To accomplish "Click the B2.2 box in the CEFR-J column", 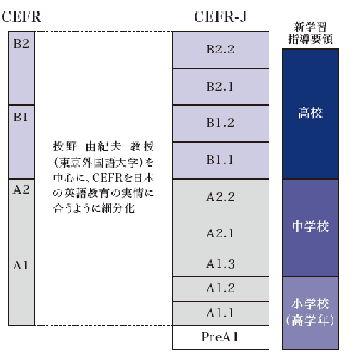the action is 221,50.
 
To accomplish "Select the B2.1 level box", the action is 221,87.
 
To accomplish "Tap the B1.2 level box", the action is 221,123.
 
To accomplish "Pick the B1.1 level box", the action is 221,160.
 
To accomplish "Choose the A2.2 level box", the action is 221,197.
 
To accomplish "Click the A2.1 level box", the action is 221,234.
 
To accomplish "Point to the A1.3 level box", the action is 221,264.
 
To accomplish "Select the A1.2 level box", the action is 221,289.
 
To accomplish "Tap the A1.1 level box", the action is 221,313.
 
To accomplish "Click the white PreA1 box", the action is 221,337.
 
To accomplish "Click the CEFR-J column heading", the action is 220,17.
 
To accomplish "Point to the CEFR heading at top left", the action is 21,16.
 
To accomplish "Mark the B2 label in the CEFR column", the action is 21,43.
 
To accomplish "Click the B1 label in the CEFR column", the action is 21,117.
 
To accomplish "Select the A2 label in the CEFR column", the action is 21,190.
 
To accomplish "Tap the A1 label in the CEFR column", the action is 21,265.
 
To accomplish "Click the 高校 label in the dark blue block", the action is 311,113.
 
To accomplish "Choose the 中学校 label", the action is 311,226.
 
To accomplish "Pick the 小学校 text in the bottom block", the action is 311,304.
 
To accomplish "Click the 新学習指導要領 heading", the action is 311,34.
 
